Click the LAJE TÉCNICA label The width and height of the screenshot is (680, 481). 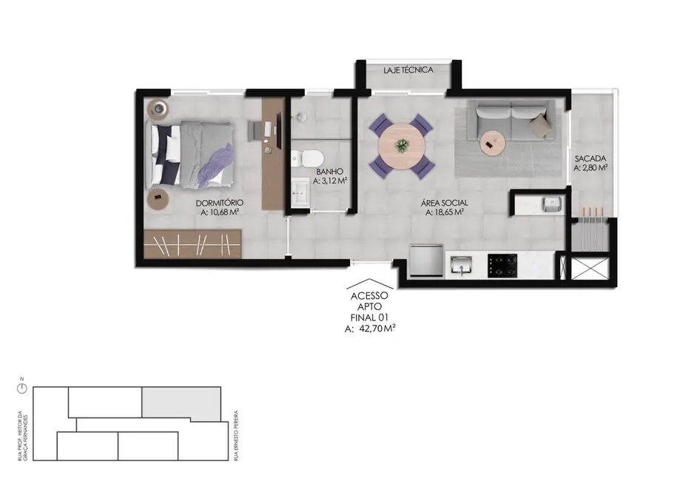click(x=408, y=70)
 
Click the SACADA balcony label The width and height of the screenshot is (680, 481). click(x=590, y=158)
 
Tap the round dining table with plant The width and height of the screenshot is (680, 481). click(x=402, y=145)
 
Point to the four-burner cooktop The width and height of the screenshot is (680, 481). click(x=503, y=265)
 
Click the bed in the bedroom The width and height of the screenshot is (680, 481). click(x=193, y=154)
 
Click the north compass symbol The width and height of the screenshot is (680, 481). click(x=21, y=387)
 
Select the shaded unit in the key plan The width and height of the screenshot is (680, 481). click(x=181, y=403)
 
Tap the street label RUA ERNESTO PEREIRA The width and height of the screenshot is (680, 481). click(x=235, y=436)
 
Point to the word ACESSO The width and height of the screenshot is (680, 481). click(x=369, y=295)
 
